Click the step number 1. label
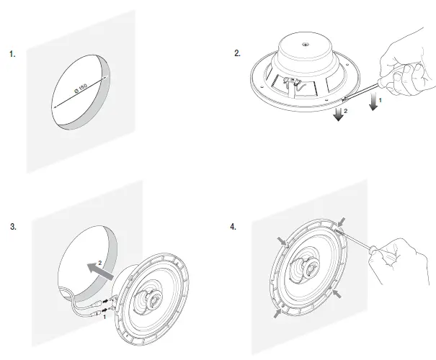point(12,54)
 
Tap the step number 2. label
point(239,54)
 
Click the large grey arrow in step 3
point(97,269)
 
